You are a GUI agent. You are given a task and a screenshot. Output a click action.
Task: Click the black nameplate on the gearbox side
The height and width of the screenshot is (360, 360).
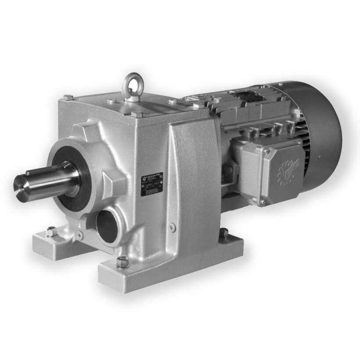pos(151,184)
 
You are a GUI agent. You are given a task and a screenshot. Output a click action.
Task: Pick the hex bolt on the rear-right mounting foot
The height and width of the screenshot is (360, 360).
pos(224,233)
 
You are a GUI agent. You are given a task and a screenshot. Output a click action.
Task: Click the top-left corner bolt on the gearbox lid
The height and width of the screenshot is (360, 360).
pos(68,97)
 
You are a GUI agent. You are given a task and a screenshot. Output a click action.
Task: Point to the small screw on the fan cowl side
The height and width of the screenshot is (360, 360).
pos(319,156)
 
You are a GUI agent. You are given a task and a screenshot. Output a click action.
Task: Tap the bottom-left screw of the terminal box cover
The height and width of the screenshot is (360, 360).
pos(263,202)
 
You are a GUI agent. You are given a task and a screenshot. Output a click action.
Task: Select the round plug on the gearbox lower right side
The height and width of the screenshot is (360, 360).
pos(173,227)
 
